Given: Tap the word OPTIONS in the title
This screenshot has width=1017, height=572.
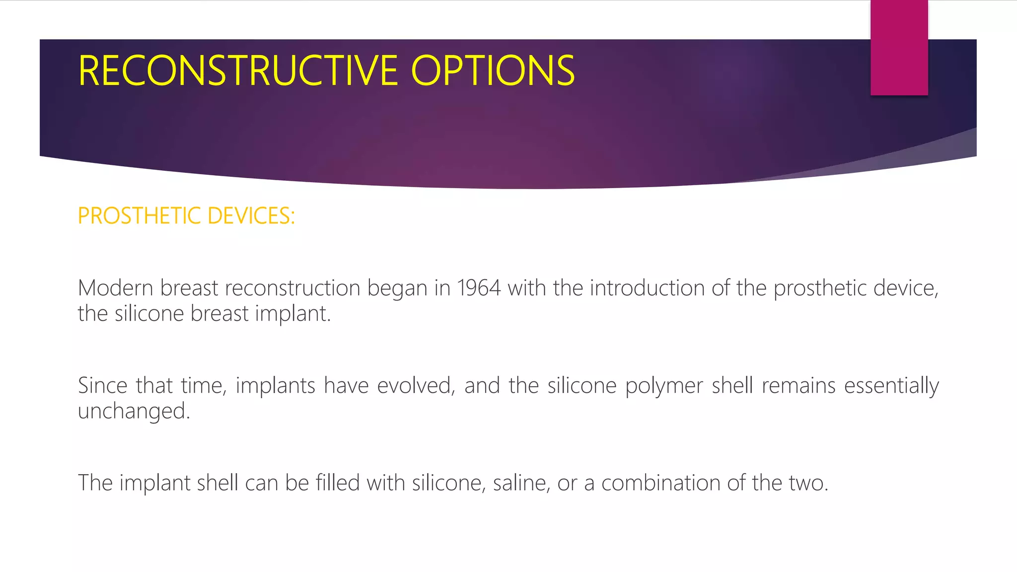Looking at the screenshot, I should [x=493, y=71].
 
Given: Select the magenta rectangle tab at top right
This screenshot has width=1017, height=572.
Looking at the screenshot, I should [x=899, y=48].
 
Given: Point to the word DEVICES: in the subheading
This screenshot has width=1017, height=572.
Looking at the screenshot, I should [x=251, y=216].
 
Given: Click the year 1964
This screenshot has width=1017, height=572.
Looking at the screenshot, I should [x=479, y=288].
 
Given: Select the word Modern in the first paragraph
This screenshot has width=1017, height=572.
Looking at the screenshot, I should [x=116, y=288].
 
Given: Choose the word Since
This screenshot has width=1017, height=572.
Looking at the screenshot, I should [x=102, y=386].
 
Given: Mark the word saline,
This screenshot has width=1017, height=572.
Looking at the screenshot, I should [x=521, y=483].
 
